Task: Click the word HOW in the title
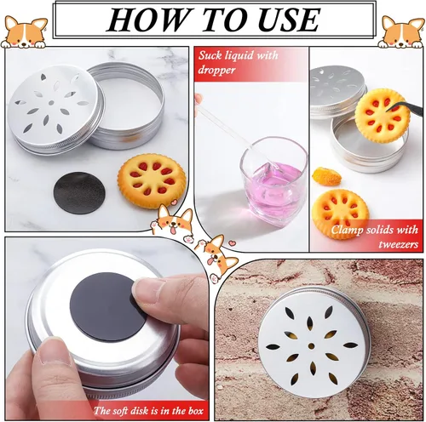[x=140, y=19]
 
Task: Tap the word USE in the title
[x=285, y=19]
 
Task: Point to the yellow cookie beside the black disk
[x=152, y=179]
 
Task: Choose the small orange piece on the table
[x=325, y=176]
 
